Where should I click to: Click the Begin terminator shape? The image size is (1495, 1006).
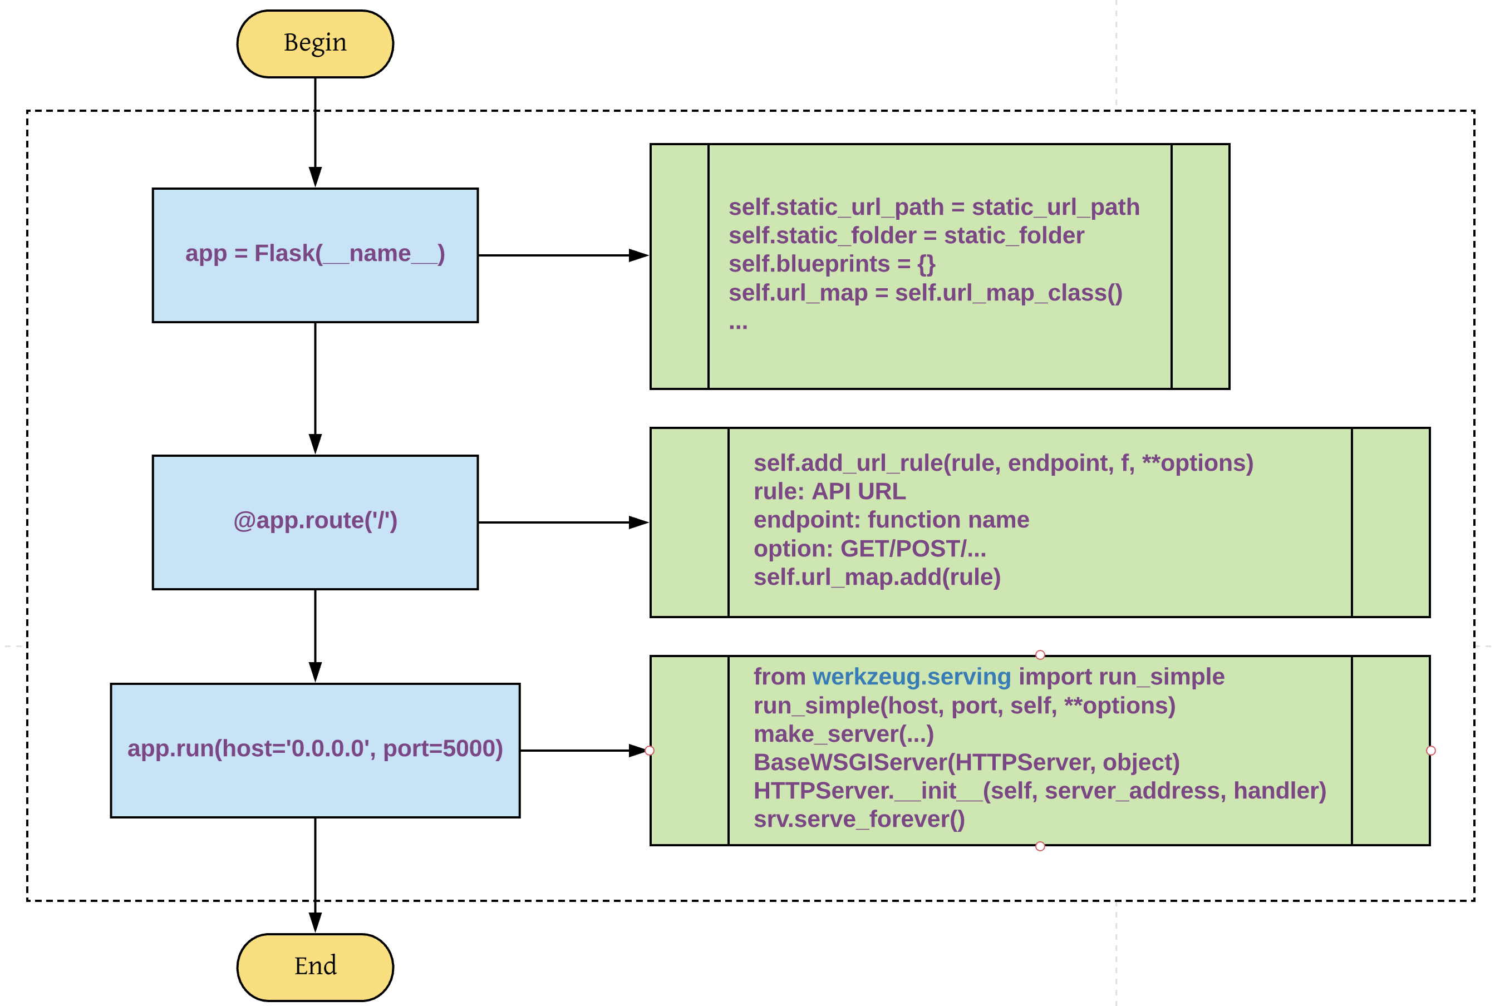[x=315, y=43]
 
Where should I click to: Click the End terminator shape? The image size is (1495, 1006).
[x=315, y=967]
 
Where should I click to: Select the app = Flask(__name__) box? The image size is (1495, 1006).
[x=315, y=255]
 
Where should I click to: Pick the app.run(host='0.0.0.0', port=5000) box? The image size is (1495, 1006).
[x=315, y=749]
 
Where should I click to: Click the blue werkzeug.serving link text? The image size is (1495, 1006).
[x=911, y=677]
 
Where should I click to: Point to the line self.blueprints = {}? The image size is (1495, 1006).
[x=832, y=264]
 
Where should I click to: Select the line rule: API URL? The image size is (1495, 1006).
[x=829, y=491]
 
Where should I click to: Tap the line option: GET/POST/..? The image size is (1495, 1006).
[x=869, y=549]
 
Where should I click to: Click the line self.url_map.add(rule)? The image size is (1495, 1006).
[x=877, y=577]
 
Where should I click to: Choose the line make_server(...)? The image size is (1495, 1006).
[x=843, y=734]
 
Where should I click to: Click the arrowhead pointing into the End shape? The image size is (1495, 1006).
[x=315, y=923]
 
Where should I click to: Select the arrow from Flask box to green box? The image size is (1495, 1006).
[x=558, y=255]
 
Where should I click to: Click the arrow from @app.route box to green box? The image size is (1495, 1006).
[x=558, y=522]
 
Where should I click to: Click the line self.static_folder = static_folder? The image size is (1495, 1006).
[x=906, y=235]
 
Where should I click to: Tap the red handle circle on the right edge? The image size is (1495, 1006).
[x=1430, y=751]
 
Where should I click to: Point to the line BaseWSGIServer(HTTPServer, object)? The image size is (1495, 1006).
[x=966, y=762]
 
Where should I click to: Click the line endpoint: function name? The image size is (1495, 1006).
[x=891, y=520]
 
